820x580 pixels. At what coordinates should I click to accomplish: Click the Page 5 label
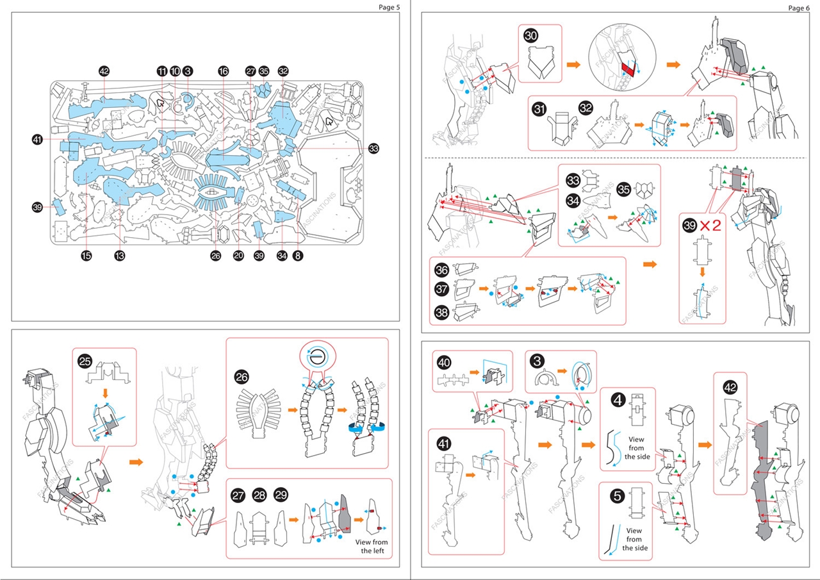click(389, 8)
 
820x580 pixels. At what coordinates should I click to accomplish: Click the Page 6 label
click(799, 8)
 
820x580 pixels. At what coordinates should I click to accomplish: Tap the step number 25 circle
click(85, 361)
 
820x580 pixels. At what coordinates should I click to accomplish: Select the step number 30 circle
click(530, 36)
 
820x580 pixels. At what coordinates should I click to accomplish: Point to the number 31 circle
click(539, 109)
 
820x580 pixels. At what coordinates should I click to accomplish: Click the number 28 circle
click(259, 495)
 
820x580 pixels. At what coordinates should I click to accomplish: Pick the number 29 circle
click(281, 495)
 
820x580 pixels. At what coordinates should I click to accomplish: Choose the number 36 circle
click(441, 270)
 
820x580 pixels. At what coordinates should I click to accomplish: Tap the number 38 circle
click(441, 312)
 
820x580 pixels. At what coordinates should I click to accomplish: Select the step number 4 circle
click(618, 400)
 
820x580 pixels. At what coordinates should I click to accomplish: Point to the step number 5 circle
click(618, 495)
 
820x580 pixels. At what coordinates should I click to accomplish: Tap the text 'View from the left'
click(372, 547)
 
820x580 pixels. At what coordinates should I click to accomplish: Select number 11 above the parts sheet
click(162, 71)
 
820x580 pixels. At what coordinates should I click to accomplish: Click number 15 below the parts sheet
click(86, 256)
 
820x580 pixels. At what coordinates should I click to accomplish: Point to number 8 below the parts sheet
click(297, 256)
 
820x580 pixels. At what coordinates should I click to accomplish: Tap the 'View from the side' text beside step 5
click(634, 539)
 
